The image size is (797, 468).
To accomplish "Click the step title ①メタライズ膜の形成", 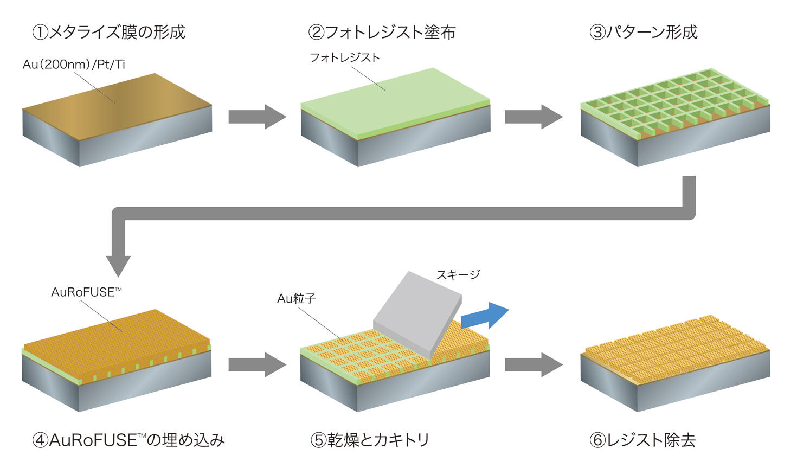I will coord(108,32).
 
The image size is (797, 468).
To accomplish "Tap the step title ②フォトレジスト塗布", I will coord(382,32).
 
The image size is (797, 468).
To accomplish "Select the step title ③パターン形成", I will coord(643,32).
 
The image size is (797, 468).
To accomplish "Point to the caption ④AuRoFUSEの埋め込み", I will coord(128,439).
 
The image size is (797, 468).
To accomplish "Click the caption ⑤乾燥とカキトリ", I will coord(370,439).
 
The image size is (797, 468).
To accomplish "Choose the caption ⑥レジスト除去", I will coord(642,439).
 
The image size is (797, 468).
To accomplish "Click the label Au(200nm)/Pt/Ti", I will coord(74,65).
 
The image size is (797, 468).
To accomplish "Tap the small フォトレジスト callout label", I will coord(344,57).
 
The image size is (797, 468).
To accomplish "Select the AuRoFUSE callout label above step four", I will coord(86,292).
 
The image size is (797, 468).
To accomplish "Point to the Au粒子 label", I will coord(296,298).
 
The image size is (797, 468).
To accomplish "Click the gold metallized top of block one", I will coord(117,100).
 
